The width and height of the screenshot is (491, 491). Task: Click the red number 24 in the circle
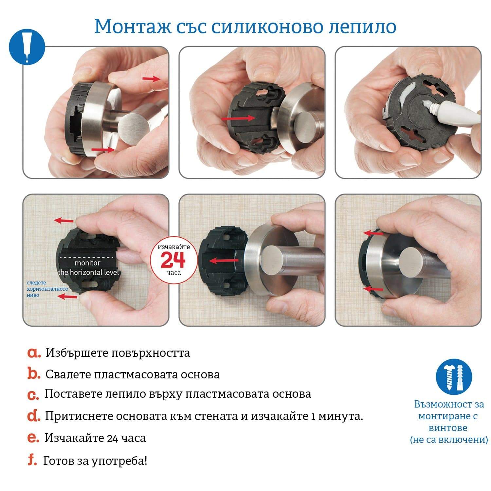coord(173,260)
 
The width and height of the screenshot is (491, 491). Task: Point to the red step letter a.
coord(34,353)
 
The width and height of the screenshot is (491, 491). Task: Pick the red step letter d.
coord(34,416)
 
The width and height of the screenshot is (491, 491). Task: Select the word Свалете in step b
coord(68,374)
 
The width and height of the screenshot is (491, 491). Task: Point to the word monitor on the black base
coord(87,263)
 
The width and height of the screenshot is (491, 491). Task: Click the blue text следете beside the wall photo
coord(36,283)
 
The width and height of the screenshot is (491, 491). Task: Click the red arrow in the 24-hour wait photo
coord(224,261)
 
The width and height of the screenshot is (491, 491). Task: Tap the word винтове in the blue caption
coord(448,428)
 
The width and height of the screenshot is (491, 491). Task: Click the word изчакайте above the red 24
coord(174,247)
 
